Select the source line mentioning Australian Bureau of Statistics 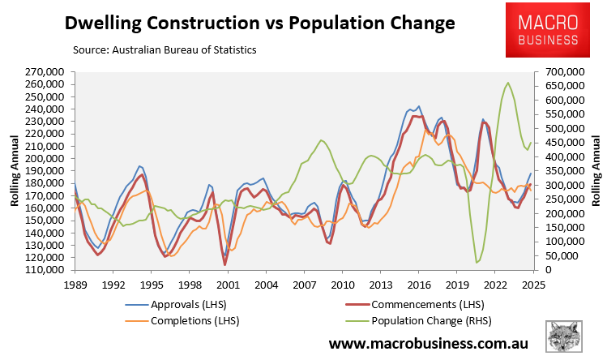coord(165,50)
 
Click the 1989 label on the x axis coord(74,285)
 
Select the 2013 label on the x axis coord(381,285)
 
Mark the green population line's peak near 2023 coord(508,82)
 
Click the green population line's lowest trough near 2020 coord(477,263)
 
